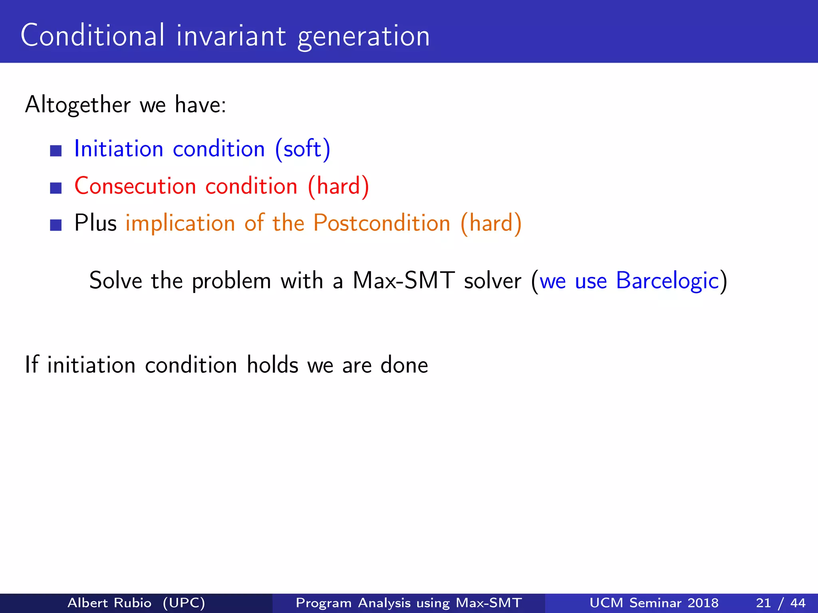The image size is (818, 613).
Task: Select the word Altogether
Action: pos(77,105)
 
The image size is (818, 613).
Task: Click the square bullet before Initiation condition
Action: pos(56,151)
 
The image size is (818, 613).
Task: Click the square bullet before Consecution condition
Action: pos(56,188)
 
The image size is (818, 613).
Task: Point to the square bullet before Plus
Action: pos(56,225)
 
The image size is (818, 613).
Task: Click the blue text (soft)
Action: pos(302,149)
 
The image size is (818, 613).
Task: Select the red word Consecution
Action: pos(135,186)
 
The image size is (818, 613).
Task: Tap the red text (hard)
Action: pos(338,186)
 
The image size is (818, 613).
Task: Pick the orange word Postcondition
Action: pos(381,223)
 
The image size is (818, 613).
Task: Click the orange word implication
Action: pos(180,223)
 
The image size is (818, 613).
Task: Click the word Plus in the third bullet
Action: pos(95,223)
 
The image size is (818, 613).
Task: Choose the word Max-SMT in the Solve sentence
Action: pos(403,281)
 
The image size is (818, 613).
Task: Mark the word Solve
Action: pos(115,281)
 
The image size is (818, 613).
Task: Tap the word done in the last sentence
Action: pos(404,365)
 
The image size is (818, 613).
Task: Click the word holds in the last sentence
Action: pos(272,365)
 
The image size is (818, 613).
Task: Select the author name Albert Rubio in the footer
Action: pos(109,603)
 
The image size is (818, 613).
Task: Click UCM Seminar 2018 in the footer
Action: pos(654,603)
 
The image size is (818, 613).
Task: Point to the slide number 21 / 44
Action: pos(780,603)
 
